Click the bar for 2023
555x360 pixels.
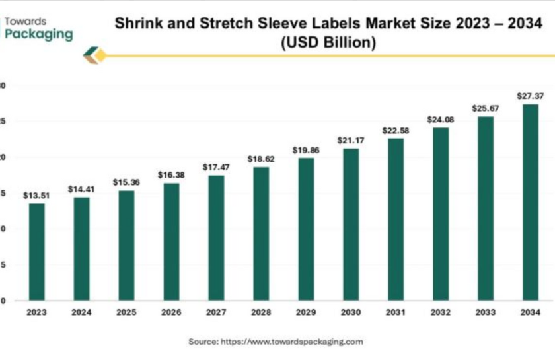[x=36, y=252]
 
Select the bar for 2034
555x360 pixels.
[x=530, y=202]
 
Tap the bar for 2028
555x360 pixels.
[x=261, y=234]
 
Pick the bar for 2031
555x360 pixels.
[x=396, y=219]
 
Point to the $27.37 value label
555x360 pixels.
[x=530, y=96]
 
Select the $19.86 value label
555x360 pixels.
[x=306, y=150]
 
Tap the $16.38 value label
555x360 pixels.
[x=170, y=175]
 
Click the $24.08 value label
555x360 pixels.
[x=441, y=120]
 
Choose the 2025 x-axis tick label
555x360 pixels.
[x=126, y=312]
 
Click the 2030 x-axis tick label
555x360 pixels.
[x=351, y=312]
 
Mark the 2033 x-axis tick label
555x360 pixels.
[x=486, y=312]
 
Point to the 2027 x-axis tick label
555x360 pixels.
[x=216, y=312]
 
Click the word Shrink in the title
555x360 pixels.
[x=137, y=24]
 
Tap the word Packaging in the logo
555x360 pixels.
[x=39, y=34]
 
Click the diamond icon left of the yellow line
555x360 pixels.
[x=94, y=56]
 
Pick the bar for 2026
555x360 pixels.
[x=171, y=242]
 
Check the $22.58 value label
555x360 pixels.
[x=396, y=130]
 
